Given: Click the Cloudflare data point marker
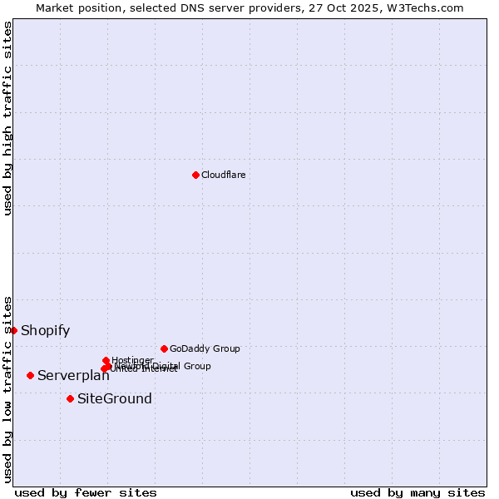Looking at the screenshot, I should point(195,175).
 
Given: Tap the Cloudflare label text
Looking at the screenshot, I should point(223,175).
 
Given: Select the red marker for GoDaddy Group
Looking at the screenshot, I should point(164,348).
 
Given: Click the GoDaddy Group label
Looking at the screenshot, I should point(205,348).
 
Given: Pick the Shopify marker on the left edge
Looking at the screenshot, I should point(13,330).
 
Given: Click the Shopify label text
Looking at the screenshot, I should point(45,330).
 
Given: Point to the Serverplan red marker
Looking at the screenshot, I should point(30,375).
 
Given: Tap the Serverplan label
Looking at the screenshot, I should point(73,376).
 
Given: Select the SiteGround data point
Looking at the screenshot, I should point(70,398).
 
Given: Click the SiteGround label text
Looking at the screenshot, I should point(115,398).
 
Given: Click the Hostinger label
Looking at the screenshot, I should point(132,360).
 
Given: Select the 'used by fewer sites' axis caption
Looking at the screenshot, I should point(86,492).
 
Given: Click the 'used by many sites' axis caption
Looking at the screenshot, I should point(417,492).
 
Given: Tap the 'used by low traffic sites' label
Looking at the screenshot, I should point(7,388).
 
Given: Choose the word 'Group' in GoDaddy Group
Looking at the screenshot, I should point(226,348).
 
